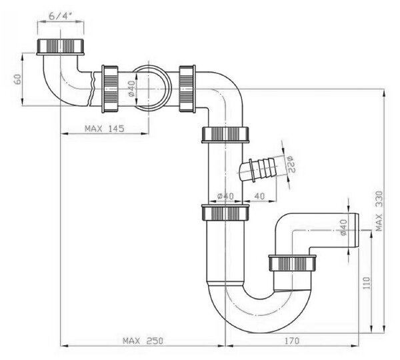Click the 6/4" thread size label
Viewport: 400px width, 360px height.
pyautogui.click(x=60, y=16)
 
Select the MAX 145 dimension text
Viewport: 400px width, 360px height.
pyautogui.click(x=105, y=129)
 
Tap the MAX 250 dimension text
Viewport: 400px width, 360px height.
pyautogui.click(x=143, y=341)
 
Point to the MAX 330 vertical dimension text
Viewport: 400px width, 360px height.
pyautogui.click(x=379, y=211)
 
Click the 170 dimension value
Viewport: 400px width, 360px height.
pyautogui.click(x=291, y=341)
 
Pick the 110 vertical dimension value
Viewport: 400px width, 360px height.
pyautogui.click(x=366, y=283)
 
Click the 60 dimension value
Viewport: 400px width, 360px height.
pyautogui.click(x=17, y=79)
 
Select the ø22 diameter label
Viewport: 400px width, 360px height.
pyautogui.click(x=291, y=164)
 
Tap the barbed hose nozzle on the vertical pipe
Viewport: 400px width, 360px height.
pyautogui.click(x=257, y=170)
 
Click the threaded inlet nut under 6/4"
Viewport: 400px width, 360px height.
pyautogui.click(x=61, y=47)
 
